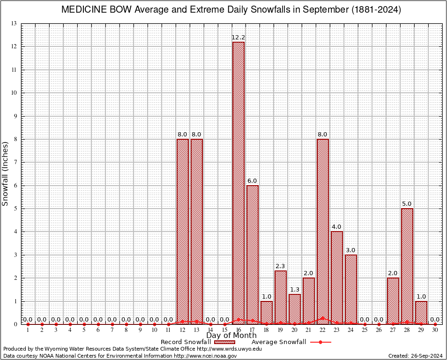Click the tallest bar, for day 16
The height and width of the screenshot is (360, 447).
pyautogui.click(x=238, y=183)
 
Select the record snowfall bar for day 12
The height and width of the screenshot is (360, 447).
pyautogui.click(x=183, y=232)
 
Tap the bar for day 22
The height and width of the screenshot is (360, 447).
pyautogui.click(x=323, y=232)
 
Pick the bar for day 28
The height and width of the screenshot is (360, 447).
pyautogui.click(x=407, y=266)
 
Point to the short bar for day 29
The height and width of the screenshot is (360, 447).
pyautogui.click(x=421, y=312)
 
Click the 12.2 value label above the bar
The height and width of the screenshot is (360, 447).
pyautogui.click(x=238, y=37)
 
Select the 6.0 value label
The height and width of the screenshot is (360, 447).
pyautogui.click(x=253, y=181)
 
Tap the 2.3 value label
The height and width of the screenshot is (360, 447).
pyautogui.click(x=281, y=266)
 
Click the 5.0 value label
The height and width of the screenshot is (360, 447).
pyautogui.click(x=407, y=204)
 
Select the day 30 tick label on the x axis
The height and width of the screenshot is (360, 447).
pyautogui.click(x=435, y=330)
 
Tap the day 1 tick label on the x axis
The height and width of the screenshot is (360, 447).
pyautogui.click(x=28, y=330)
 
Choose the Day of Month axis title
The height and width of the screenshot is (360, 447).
pyautogui.click(x=231, y=336)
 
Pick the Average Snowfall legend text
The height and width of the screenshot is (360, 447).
pyautogui.click(x=279, y=342)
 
